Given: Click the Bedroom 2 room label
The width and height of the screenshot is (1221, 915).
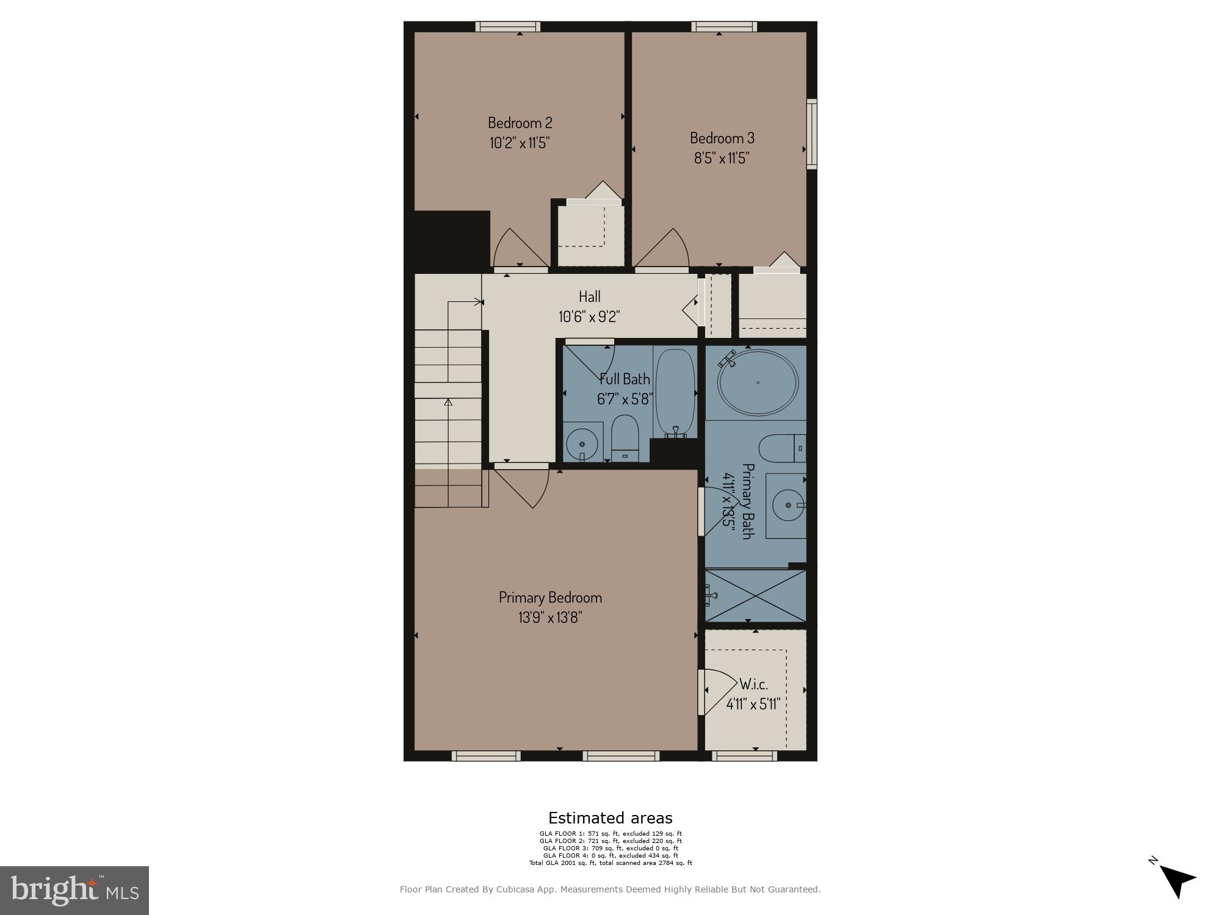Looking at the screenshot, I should [520, 123].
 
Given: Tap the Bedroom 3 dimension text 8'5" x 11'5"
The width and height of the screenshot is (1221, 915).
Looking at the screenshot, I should [721, 159].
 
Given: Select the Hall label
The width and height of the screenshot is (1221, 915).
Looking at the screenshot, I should [589, 297].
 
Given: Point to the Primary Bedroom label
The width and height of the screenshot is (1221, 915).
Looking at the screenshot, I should [550, 597].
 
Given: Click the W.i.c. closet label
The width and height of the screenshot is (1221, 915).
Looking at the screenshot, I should [753, 684].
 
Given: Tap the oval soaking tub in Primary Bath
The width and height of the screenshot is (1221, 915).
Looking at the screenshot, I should [758, 382].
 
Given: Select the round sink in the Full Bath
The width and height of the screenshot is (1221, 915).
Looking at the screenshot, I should [582, 445].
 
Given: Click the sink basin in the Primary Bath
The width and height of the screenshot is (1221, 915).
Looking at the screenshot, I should [788, 505].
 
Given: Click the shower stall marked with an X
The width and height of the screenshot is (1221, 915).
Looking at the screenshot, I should [756, 596].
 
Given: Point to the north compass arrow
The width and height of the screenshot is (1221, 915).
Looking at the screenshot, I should [1176, 880].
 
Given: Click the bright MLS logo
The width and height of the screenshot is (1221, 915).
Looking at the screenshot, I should [74, 891].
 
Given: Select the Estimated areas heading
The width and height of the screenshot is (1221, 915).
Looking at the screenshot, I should [610, 818].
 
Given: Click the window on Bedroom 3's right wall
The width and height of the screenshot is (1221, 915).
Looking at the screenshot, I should [811, 134].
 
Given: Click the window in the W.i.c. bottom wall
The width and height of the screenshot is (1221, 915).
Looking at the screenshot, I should [744, 756].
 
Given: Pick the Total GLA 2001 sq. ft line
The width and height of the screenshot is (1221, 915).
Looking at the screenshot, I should [610, 863].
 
